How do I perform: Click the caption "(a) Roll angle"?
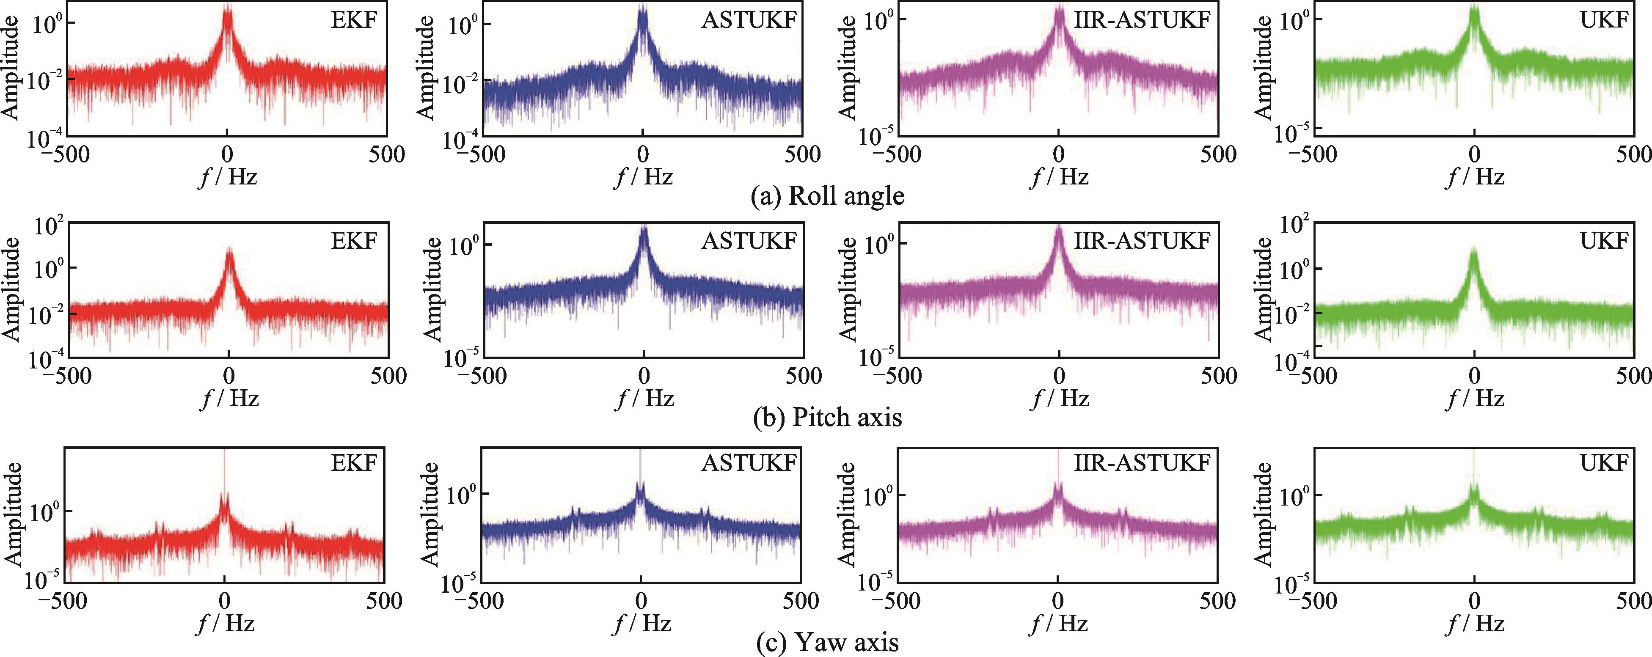tap(827, 195)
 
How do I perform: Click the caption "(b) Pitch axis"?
tap(827, 417)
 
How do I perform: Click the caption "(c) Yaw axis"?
tap(827, 642)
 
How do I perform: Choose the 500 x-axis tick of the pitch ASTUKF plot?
tap(803, 376)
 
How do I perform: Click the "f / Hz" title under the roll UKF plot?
tap(1475, 176)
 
